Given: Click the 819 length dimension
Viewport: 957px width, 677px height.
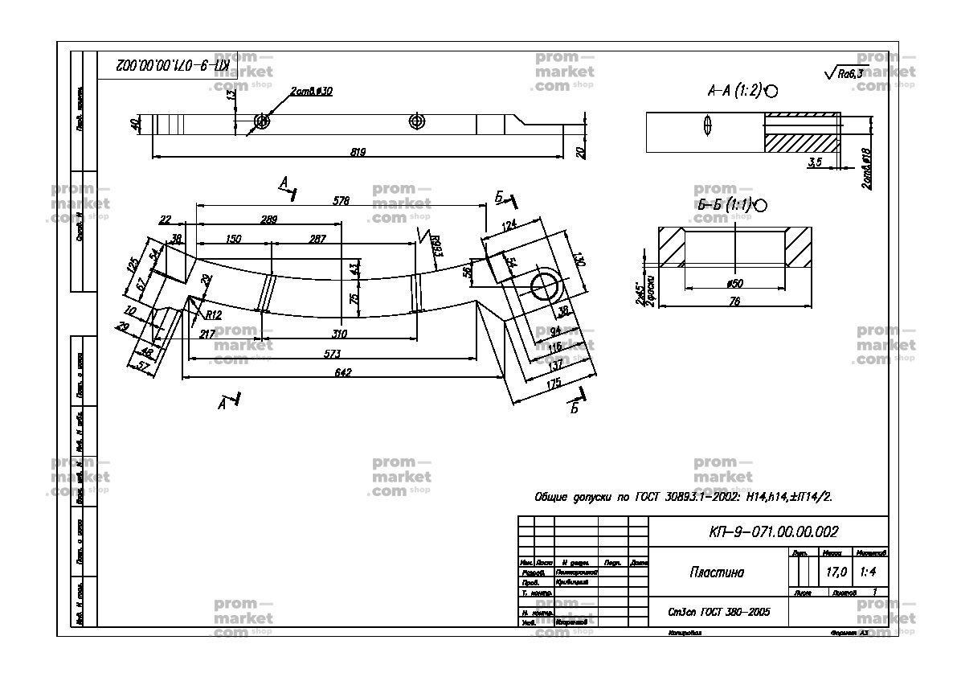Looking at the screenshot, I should (x=358, y=150).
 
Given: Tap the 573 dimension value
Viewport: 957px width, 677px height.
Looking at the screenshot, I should (x=333, y=353).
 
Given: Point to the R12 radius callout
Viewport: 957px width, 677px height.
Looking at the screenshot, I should (x=213, y=314).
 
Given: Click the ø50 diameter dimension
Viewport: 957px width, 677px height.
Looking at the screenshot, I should (x=734, y=283).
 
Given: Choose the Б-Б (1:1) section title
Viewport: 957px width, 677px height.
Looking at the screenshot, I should (x=725, y=204).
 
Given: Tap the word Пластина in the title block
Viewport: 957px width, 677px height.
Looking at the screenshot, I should (x=717, y=572).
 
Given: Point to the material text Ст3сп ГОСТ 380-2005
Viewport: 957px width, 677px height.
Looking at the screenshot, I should (x=719, y=612).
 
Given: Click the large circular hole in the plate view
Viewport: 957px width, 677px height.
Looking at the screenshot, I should (x=546, y=285).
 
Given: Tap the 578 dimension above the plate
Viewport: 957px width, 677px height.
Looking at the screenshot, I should (x=341, y=201).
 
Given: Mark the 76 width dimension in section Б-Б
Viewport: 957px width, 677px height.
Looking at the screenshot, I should (x=733, y=302).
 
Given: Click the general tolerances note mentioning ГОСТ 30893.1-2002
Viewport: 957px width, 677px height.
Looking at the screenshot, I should (x=684, y=497).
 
